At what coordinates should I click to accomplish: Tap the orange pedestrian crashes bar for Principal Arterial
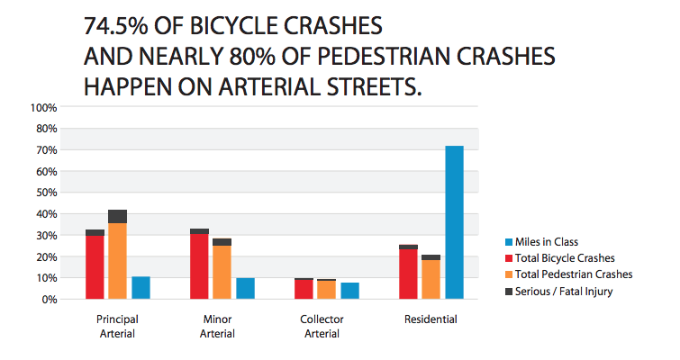coord(117,261)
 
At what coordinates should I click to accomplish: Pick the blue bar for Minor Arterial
coord(245,288)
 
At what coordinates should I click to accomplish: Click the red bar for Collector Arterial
coord(304,289)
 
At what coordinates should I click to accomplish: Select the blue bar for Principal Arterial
coord(140,287)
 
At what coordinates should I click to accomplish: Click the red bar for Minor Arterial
coord(199,266)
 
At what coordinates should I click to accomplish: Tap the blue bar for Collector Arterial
coord(349,290)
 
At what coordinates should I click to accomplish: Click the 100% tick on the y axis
coord(45,107)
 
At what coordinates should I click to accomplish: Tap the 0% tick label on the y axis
coord(50,299)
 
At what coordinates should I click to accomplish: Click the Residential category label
coord(431,319)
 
